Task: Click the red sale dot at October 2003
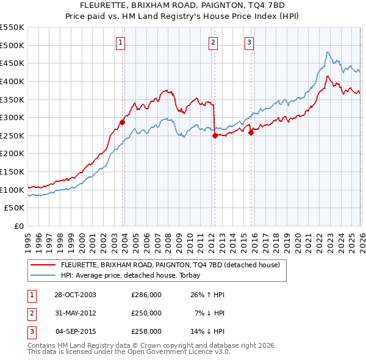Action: click(x=123, y=122)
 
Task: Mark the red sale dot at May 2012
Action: click(x=215, y=135)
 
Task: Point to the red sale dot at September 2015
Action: click(x=251, y=132)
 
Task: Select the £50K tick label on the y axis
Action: click(x=15, y=208)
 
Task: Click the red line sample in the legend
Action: click(x=43, y=265)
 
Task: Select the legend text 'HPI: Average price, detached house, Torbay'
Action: click(x=135, y=275)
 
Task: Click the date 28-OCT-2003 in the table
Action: click(x=75, y=295)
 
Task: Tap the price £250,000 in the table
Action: click(x=146, y=313)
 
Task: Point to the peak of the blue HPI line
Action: click(x=328, y=52)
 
